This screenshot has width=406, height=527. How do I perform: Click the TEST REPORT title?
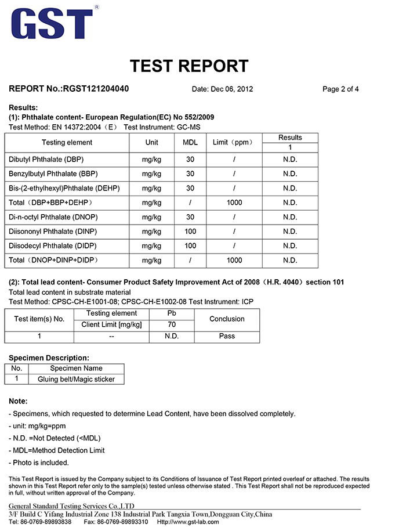pos(189,66)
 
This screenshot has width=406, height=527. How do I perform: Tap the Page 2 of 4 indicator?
pos(340,89)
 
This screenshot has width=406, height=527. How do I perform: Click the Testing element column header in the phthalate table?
pos(67,143)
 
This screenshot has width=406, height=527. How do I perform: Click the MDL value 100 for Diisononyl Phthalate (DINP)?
pos(190,232)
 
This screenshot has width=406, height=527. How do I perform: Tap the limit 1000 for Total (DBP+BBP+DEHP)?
pos(234,203)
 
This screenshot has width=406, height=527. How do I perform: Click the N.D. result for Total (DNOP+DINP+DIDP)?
pos(290,261)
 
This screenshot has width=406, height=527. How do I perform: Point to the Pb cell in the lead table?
pos(171,313)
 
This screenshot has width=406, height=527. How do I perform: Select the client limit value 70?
pos(171,324)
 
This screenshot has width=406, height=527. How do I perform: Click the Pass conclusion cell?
pos(227,336)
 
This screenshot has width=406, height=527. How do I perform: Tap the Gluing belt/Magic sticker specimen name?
pos(76,380)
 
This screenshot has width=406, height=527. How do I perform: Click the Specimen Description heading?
pos(49,358)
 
